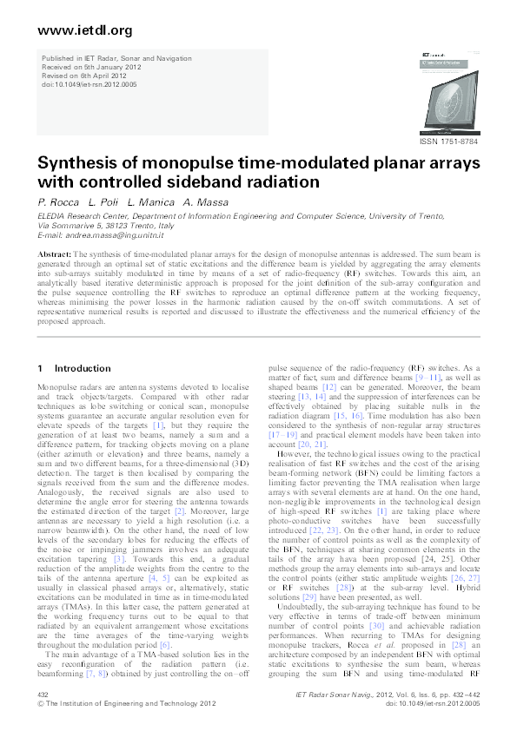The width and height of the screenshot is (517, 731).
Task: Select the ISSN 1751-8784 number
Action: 448,141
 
